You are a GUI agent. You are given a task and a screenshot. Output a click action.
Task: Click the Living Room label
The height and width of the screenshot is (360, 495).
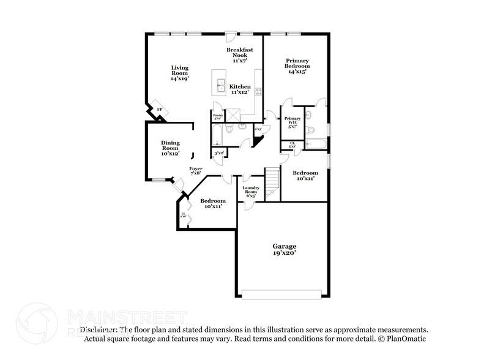coord(179,73)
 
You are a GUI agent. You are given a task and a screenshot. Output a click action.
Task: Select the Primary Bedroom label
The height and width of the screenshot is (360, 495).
coord(297,66)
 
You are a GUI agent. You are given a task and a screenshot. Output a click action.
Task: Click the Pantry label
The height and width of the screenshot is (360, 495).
coord(217,116)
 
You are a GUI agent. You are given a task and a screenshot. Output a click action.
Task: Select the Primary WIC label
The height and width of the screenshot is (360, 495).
coord(292,122)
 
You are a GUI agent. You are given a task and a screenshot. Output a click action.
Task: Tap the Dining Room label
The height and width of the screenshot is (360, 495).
coord(170,148)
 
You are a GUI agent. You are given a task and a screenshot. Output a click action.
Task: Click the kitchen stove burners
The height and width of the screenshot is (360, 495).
coord(259,92)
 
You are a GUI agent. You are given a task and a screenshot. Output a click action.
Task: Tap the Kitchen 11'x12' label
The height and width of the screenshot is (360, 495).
coord(240,89)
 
